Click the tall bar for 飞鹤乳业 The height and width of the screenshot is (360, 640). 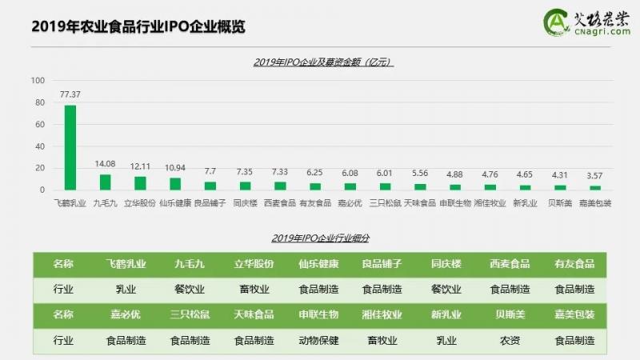[70, 148]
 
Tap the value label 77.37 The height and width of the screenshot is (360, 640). [70, 94]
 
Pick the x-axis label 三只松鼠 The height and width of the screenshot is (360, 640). [386, 203]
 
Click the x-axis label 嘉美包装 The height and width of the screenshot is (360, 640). [595, 203]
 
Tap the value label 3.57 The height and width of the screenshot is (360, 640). [595, 175]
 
